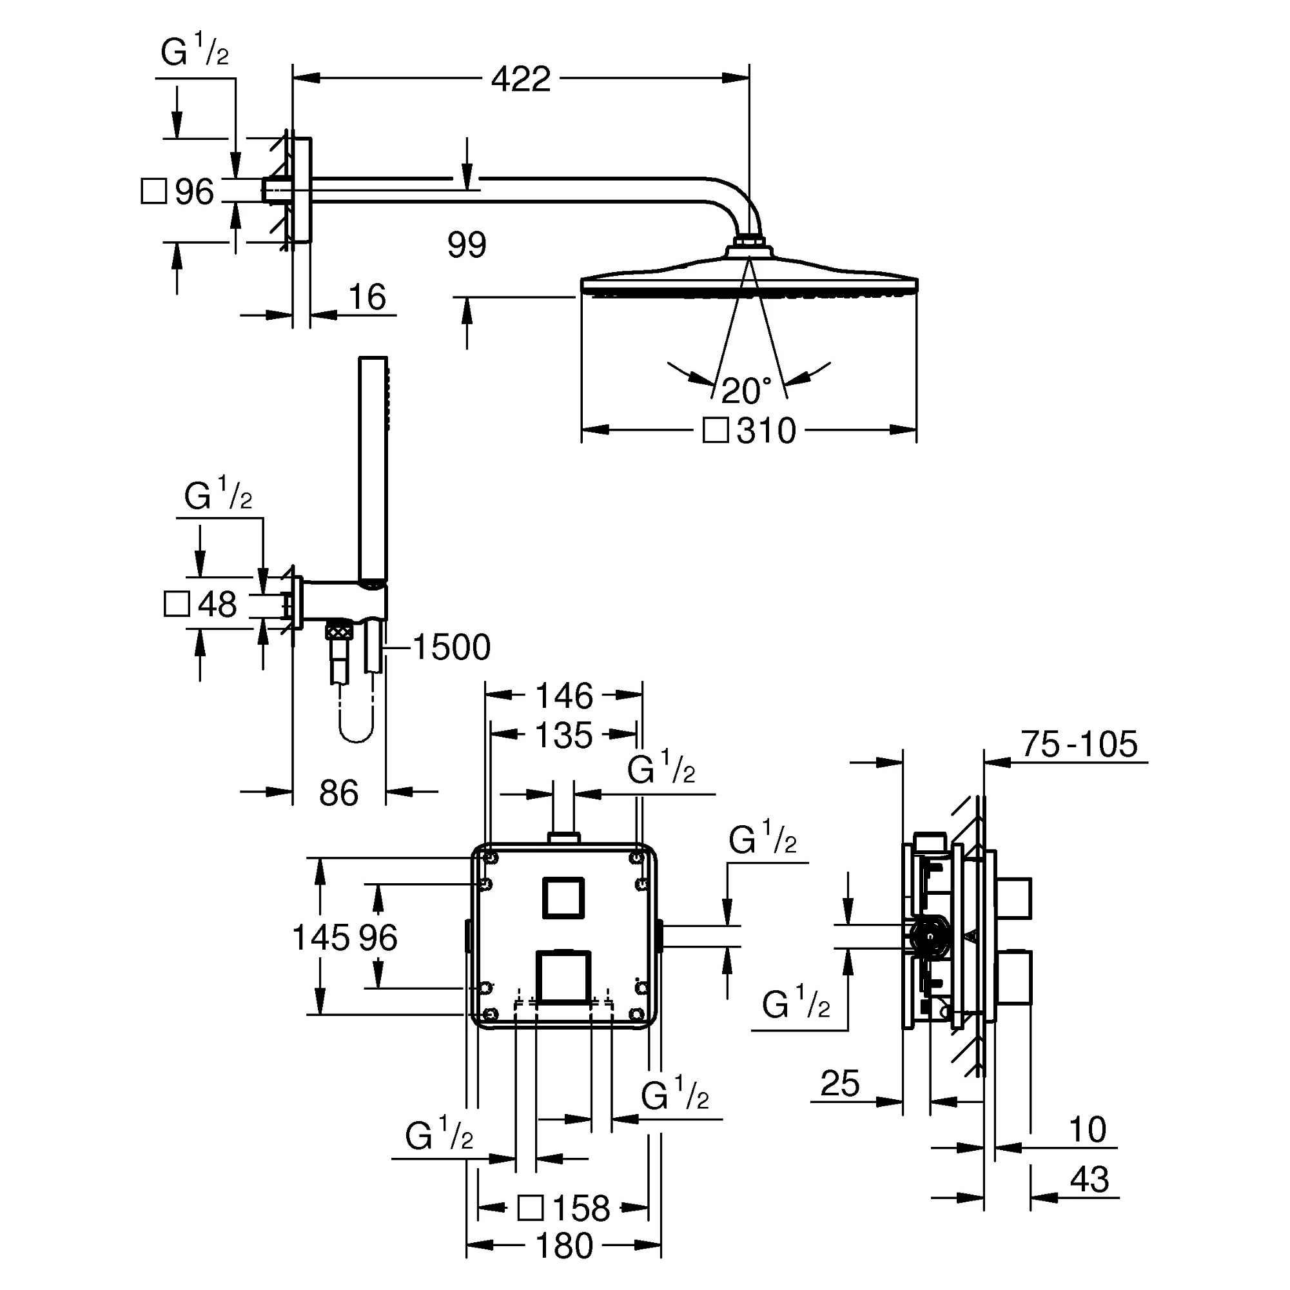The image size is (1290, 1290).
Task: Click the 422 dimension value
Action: pyautogui.click(x=521, y=79)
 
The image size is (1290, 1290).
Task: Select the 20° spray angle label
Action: pyautogui.click(x=746, y=391)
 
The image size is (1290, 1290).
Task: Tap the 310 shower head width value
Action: pyautogui.click(x=767, y=431)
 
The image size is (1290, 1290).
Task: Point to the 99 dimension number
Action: pyautogui.click(x=467, y=245)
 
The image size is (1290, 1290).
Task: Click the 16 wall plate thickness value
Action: pyautogui.click(x=367, y=297)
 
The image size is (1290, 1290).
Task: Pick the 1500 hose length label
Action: pyautogui.click(x=452, y=647)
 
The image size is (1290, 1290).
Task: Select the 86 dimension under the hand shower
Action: pyautogui.click(x=338, y=793)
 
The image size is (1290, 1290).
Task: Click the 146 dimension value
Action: pyautogui.click(x=563, y=696)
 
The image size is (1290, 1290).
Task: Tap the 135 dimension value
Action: pyautogui.click(x=563, y=736)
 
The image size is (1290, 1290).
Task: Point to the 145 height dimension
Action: pyautogui.click(x=320, y=937)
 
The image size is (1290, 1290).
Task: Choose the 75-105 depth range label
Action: pyautogui.click(x=1079, y=744)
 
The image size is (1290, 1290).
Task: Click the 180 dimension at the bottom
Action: pyautogui.click(x=563, y=1246)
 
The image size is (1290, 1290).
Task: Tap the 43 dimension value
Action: pyautogui.click(x=1089, y=1179)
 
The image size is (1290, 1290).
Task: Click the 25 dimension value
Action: pyautogui.click(x=839, y=1083)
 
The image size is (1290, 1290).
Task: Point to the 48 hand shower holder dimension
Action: pyautogui.click(x=217, y=604)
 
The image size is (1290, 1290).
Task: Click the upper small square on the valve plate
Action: pyautogui.click(x=563, y=897)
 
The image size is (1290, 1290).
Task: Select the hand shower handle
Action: pyautogui.click(x=373, y=467)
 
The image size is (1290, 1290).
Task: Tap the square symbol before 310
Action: pyautogui.click(x=716, y=431)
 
